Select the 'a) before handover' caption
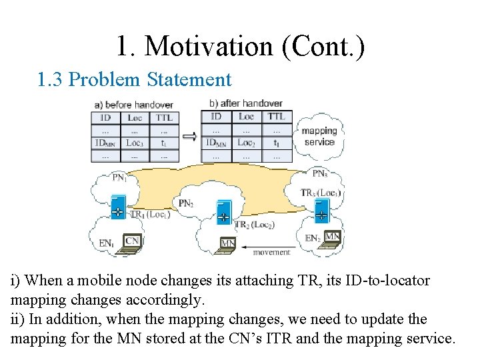(134, 105)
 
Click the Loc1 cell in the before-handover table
(135, 142)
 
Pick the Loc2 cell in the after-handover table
(247, 142)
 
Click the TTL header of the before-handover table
(164, 117)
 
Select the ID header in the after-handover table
(217, 117)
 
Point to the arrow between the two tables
(190, 137)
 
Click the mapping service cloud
(319, 136)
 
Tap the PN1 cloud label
(120, 177)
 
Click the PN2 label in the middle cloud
(187, 203)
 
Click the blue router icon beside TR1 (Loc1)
(117, 207)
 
